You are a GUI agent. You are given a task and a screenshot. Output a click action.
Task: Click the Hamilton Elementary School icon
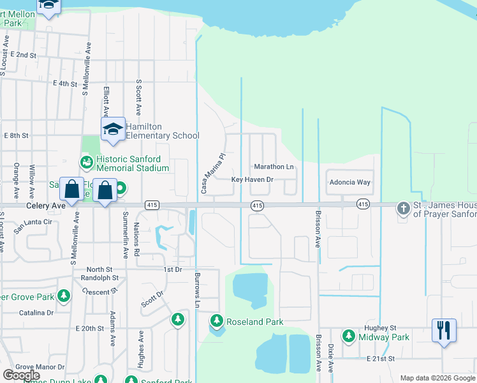click(x=113, y=129)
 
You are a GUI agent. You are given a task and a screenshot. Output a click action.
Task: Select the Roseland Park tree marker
click(x=217, y=321)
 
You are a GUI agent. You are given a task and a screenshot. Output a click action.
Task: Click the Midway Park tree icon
click(x=348, y=336)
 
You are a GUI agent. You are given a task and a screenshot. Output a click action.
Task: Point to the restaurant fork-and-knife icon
click(x=444, y=330)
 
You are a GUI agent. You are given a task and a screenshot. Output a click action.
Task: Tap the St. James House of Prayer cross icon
click(x=402, y=208)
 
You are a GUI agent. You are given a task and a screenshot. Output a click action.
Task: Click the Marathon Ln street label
click(x=274, y=167)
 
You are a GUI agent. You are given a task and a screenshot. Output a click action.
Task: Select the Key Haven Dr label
click(x=252, y=180)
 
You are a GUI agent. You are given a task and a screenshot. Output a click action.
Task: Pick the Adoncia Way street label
click(x=349, y=183)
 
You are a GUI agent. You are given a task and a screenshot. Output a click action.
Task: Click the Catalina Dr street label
click(x=36, y=313)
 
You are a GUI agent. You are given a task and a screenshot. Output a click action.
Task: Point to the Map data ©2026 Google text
click(x=437, y=378)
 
